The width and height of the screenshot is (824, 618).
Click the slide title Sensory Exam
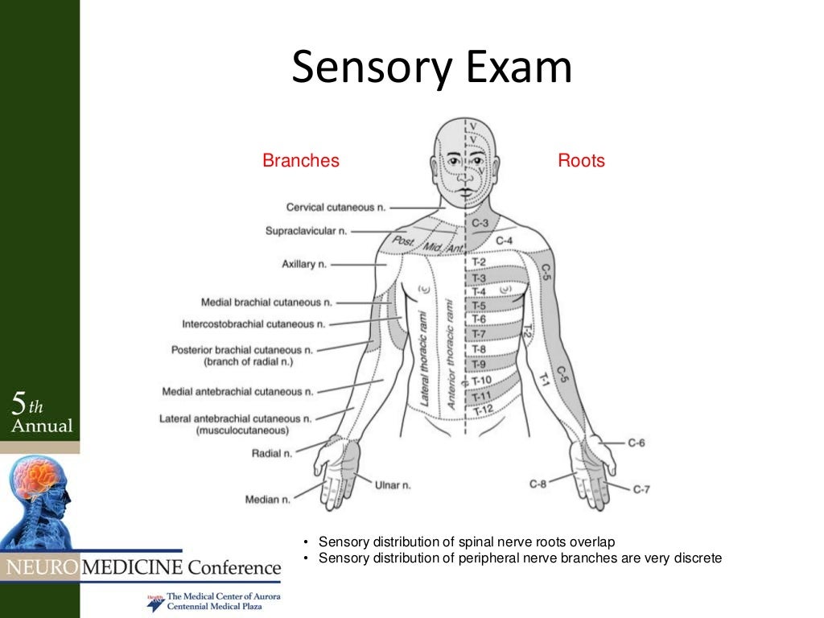(x=431, y=68)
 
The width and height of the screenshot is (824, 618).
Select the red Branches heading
(x=301, y=161)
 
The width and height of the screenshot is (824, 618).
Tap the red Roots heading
(x=581, y=161)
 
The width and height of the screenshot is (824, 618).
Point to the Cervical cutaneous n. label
(x=330, y=208)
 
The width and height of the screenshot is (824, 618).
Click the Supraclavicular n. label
(x=306, y=232)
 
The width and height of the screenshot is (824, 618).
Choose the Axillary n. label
(x=304, y=264)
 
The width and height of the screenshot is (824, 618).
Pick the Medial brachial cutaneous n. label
(x=266, y=303)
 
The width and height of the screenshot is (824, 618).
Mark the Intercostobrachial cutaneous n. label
(x=253, y=324)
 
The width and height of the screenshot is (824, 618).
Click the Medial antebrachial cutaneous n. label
(x=237, y=392)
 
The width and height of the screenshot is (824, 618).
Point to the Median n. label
(x=267, y=500)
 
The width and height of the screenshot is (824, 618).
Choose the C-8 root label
(x=538, y=484)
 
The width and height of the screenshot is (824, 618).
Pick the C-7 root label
(x=641, y=489)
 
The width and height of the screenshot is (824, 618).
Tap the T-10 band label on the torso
(x=481, y=381)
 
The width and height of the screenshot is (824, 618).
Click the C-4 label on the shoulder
(x=505, y=241)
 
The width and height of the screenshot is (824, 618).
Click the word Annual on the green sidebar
(x=42, y=426)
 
